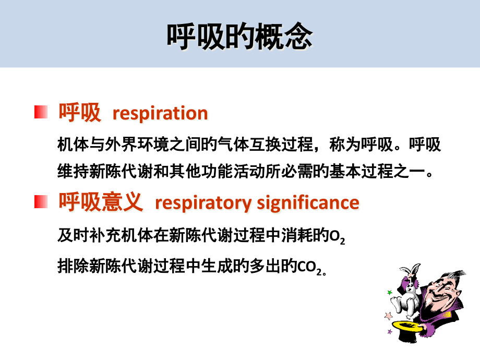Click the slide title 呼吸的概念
[x=239, y=37]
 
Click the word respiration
[x=160, y=113]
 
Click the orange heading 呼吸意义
[x=100, y=201]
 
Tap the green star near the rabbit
[x=389, y=293]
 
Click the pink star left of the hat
[x=388, y=316]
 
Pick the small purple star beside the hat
[x=390, y=332]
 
